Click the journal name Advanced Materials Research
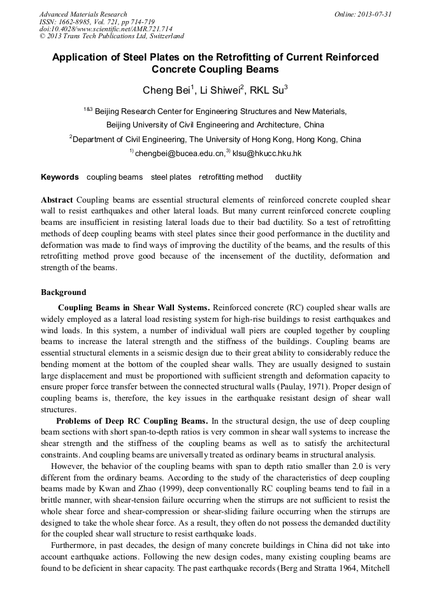(x=83, y=14)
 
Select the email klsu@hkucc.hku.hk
(x=267, y=154)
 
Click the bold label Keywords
(x=60, y=177)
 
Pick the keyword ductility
(x=289, y=177)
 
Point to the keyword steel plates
(x=171, y=177)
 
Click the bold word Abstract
(x=57, y=200)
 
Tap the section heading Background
(x=63, y=292)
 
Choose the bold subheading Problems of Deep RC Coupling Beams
(x=132, y=421)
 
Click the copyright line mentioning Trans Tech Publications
(x=112, y=36)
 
